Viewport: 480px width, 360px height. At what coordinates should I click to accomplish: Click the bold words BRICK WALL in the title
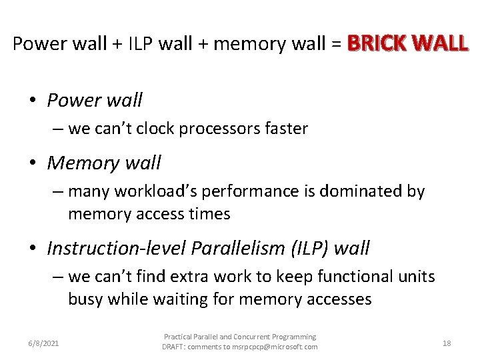(407, 44)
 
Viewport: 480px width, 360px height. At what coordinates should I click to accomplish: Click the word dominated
(354, 191)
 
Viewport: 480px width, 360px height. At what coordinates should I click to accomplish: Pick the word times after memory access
(206, 214)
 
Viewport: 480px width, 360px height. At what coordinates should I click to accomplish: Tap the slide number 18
(447, 343)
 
